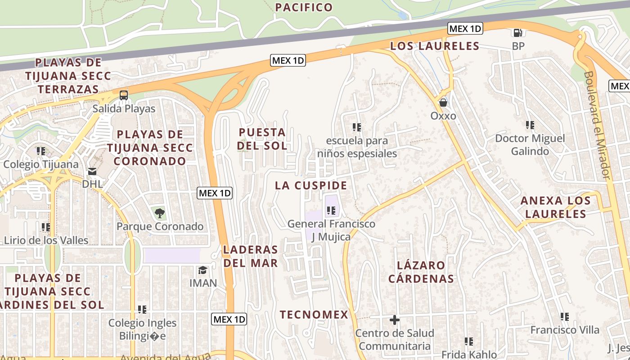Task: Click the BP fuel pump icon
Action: click(x=518, y=33)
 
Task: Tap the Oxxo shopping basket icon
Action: click(x=443, y=103)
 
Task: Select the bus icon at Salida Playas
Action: click(x=123, y=95)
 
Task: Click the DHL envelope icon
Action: click(x=92, y=171)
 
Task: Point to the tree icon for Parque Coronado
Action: click(x=159, y=213)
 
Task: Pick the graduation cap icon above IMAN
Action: click(x=203, y=270)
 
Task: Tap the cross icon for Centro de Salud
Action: click(x=395, y=320)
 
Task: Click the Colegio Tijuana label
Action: click(x=41, y=164)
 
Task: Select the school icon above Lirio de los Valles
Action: click(x=45, y=227)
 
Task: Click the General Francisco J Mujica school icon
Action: click(x=331, y=210)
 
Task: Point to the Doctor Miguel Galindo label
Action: click(x=530, y=144)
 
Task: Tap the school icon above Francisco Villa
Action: click(x=565, y=317)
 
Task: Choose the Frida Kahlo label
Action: click(x=469, y=354)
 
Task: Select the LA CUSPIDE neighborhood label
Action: click(x=311, y=185)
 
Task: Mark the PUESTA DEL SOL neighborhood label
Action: click(x=262, y=139)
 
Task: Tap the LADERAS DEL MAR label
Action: click(x=251, y=256)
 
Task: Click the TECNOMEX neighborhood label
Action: click(x=314, y=315)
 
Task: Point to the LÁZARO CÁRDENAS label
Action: click(x=421, y=272)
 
